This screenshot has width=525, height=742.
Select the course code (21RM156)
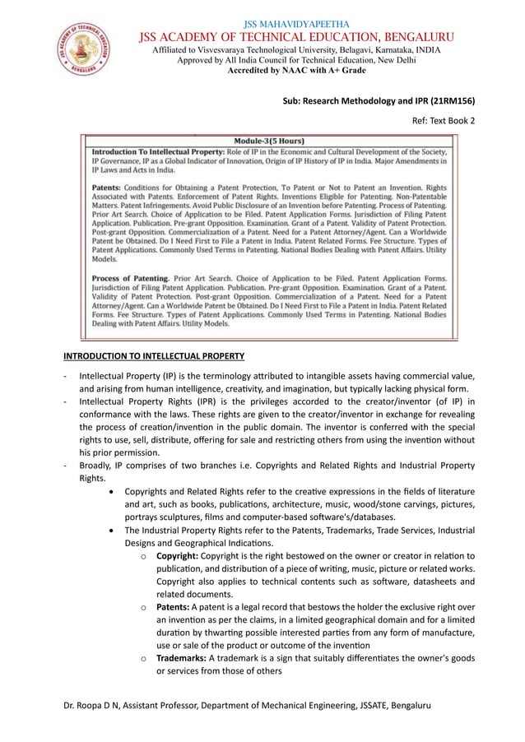pos(452,103)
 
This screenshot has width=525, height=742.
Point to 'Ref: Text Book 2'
pos(444,120)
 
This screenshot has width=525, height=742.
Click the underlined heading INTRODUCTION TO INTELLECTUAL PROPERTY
pos(154,356)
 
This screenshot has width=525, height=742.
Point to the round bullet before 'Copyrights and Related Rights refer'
pos(111,491)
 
